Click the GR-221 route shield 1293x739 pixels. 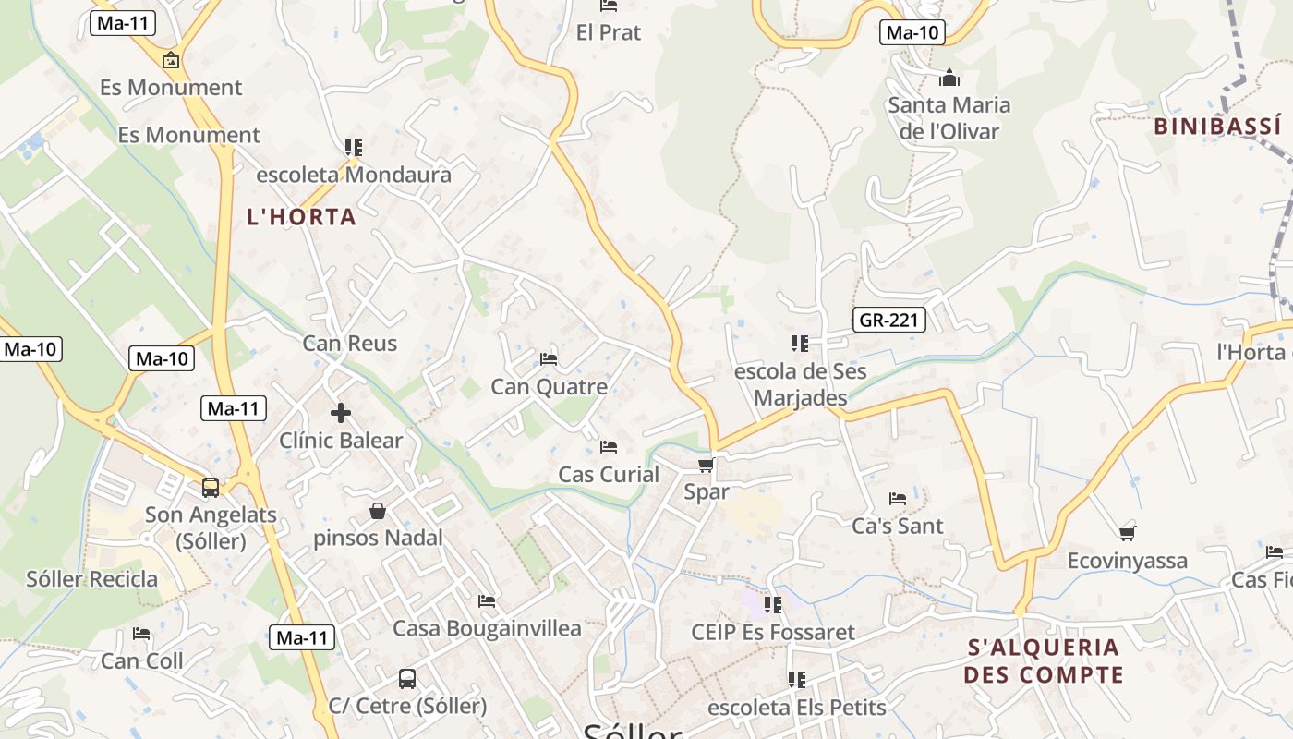click(888, 320)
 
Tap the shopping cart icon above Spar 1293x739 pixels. click(707, 465)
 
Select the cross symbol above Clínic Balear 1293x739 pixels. click(341, 413)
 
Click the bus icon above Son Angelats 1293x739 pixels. click(211, 487)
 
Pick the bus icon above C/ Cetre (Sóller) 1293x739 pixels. click(407, 679)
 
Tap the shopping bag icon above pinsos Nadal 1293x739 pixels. click(378, 511)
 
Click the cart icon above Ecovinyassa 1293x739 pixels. click(1127, 533)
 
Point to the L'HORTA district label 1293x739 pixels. click(301, 217)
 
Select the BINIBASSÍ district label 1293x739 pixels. click(1217, 127)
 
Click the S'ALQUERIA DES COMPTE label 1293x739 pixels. click(1044, 660)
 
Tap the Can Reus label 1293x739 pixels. click(350, 344)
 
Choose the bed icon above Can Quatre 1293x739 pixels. click(549, 358)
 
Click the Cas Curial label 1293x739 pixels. click(609, 475)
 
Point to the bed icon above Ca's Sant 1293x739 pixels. click(898, 499)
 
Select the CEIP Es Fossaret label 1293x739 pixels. click(773, 633)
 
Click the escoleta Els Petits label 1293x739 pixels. click(796, 708)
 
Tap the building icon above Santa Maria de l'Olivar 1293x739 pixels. click(949, 78)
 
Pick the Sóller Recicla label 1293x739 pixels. click(91, 579)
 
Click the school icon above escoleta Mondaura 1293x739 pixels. click(354, 148)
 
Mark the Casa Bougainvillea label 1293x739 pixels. click(487, 629)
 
